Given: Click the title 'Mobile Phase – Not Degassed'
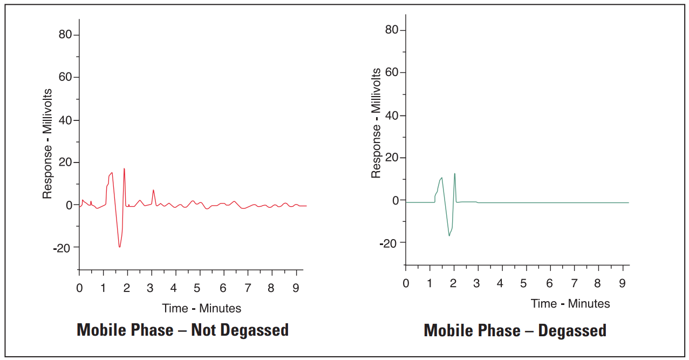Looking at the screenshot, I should click(x=183, y=330).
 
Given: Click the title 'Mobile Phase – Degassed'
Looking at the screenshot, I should click(x=515, y=330).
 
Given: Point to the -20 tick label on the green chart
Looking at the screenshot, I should click(x=389, y=243).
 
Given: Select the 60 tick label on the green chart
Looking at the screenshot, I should click(x=392, y=72).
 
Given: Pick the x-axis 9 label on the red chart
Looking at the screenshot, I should click(x=296, y=288).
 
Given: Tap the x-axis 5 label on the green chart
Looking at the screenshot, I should click(x=523, y=283).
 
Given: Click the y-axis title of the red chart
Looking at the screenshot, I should click(x=47, y=144).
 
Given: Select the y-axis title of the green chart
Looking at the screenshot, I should click(x=376, y=123).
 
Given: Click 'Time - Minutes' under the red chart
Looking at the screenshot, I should click(x=201, y=309).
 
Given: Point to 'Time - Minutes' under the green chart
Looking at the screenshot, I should click(x=570, y=303).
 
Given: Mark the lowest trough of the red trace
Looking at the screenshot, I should click(x=119, y=247).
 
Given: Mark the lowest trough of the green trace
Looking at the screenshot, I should click(x=449, y=236).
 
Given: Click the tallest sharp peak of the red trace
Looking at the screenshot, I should click(x=124, y=168).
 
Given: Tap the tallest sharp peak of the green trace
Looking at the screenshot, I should click(x=455, y=173).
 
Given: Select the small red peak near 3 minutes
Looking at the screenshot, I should click(x=153, y=190).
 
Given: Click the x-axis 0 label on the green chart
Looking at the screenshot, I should click(x=406, y=283).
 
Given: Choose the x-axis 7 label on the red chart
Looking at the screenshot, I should click(x=248, y=288).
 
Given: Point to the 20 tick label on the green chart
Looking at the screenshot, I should click(x=392, y=158).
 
